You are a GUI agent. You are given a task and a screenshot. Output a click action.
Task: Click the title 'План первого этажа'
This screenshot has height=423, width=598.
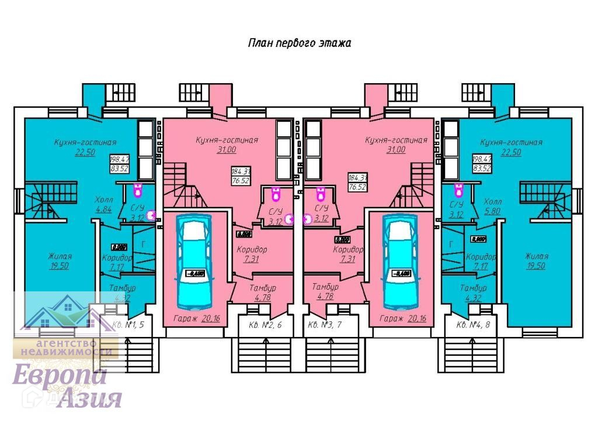(x=299, y=43)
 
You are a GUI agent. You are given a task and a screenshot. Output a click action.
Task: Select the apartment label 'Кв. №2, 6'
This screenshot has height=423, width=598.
(x=266, y=325)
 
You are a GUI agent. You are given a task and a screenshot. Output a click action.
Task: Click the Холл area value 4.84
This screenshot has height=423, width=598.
(x=103, y=209)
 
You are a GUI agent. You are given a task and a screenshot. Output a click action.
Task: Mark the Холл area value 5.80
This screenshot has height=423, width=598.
(x=493, y=209)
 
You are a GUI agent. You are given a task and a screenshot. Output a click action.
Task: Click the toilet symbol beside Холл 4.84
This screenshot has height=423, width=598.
(x=138, y=190)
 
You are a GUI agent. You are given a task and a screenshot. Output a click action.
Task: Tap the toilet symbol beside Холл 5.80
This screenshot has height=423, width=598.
(x=458, y=190)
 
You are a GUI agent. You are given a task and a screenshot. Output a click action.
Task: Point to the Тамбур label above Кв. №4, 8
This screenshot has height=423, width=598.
(x=473, y=288)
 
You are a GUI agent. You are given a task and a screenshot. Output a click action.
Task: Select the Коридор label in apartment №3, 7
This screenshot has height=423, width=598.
(x=348, y=249)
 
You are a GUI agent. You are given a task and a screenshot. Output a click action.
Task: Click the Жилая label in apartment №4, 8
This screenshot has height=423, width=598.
(x=536, y=256)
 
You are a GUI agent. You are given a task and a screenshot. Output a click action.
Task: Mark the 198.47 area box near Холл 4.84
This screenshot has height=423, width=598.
(x=119, y=159)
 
